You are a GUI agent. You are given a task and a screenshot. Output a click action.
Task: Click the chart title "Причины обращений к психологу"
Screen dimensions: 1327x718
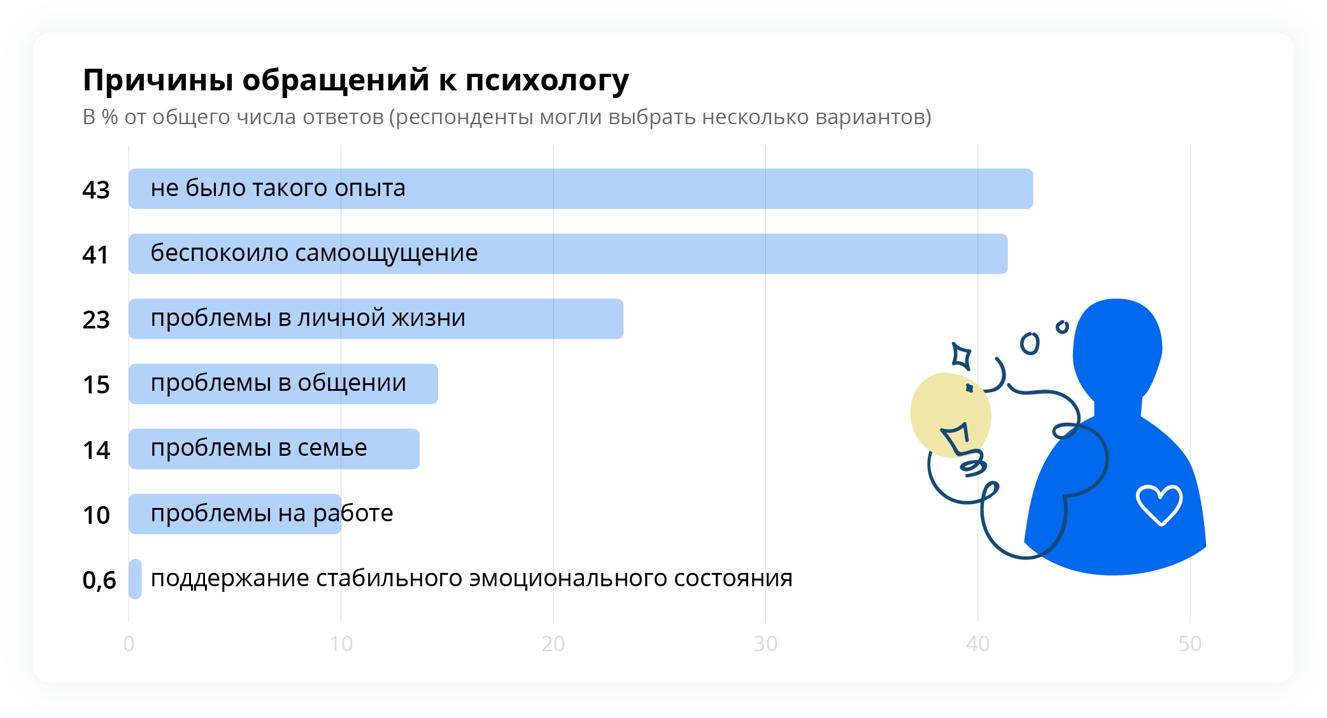pos(356,81)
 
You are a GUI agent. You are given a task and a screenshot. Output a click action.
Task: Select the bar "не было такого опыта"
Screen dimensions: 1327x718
pos(581,188)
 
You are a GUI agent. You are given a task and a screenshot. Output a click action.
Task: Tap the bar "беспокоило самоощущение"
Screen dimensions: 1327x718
pos(568,253)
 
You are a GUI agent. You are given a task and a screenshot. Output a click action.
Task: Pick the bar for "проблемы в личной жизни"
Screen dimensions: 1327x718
pos(376,318)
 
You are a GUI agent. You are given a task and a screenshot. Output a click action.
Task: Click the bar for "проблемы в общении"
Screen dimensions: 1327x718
pos(283,383)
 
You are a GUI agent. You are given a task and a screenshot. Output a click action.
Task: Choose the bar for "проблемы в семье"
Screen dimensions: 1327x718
pos(274,449)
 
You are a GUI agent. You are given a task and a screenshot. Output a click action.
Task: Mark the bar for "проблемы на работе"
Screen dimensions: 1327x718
pos(235,514)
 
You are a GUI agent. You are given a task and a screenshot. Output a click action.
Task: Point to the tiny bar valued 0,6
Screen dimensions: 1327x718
pos(135,579)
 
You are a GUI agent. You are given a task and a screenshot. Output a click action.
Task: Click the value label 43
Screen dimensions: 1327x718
pos(96,190)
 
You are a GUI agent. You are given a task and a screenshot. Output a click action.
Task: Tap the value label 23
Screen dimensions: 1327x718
pos(96,320)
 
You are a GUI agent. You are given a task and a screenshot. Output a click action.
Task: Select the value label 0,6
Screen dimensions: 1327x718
pos(99,580)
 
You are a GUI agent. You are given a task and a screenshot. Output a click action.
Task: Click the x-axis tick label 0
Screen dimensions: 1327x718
pos(129,644)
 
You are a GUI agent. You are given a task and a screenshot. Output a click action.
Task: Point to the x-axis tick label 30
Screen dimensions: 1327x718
pos(765,644)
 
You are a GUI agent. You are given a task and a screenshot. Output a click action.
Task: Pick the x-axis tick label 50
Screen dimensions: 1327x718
pos(1189,644)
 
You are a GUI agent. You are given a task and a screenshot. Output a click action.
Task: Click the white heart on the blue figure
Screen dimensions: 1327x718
pos(1160,505)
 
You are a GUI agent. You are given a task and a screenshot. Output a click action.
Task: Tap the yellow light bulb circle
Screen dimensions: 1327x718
pos(950,414)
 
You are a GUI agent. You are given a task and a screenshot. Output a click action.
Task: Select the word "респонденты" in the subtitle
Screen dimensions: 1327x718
pos(464,118)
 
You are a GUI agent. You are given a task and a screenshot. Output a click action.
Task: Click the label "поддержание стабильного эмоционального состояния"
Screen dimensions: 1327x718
pos(471,579)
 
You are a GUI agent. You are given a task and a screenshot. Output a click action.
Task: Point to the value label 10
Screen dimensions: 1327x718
pos(96,515)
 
